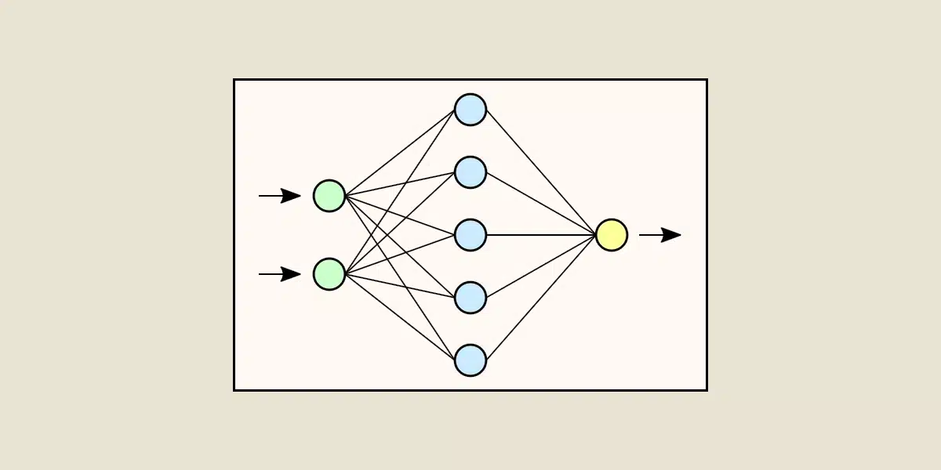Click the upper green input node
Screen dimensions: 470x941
(x=329, y=196)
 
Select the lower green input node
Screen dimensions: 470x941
(x=329, y=274)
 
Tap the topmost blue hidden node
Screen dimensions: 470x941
(x=470, y=110)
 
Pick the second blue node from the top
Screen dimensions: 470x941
(x=470, y=172)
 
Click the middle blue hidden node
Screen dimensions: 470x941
(x=470, y=235)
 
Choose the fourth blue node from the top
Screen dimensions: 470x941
(x=470, y=298)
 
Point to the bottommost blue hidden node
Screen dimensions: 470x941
(x=470, y=360)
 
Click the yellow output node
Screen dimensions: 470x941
(x=612, y=235)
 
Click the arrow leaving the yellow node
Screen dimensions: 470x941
(x=659, y=235)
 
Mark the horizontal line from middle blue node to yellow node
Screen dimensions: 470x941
(x=541, y=235)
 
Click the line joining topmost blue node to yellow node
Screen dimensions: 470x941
(x=541, y=172)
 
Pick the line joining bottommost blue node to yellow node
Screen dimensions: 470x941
(x=541, y=298)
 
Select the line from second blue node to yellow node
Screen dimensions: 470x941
(x=541, y=204)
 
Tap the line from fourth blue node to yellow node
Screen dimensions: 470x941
(x=541, y=266)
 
